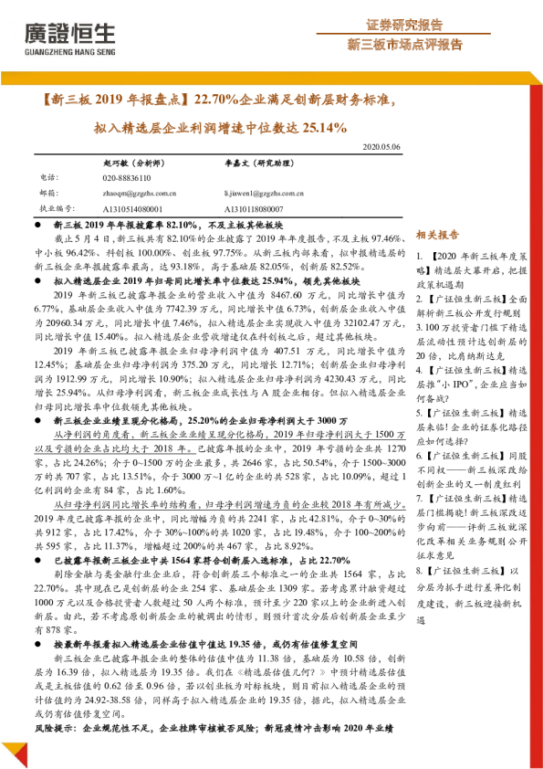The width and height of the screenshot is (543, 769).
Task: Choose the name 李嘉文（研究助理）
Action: (263, 162)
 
